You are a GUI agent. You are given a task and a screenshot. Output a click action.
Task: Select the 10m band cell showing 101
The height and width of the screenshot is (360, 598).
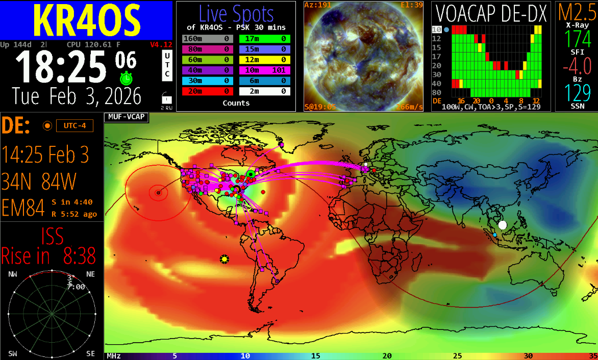264,70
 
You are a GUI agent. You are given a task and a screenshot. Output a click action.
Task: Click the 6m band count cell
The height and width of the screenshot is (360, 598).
264,81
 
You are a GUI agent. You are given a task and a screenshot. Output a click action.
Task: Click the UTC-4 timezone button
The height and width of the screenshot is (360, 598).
74,125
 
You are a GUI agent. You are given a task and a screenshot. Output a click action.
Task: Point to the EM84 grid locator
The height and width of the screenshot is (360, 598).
23,208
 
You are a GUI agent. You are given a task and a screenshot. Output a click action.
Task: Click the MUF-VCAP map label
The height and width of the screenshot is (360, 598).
126,117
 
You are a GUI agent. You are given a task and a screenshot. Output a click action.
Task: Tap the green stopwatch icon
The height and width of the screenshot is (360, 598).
126,79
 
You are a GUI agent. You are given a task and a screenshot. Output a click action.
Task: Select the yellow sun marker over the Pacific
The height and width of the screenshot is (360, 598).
224,259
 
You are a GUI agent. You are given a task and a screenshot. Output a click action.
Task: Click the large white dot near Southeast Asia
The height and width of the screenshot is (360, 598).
503,225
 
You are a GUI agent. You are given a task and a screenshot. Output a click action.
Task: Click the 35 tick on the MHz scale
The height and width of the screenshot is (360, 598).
592,356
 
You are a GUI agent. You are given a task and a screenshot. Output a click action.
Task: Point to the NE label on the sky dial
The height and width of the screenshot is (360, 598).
90,274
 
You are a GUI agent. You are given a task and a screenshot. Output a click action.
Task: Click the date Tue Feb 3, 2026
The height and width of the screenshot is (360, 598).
77,96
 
